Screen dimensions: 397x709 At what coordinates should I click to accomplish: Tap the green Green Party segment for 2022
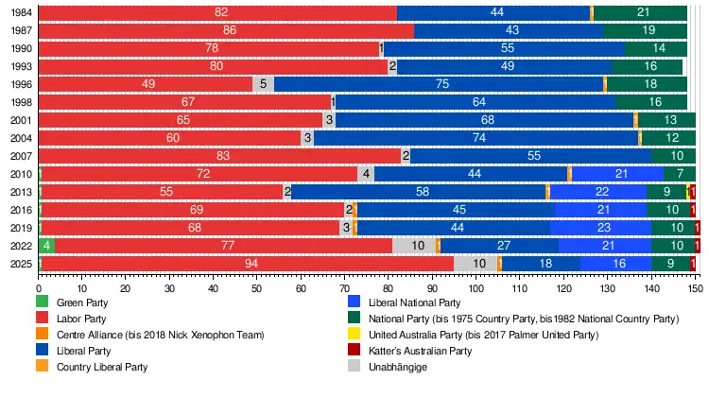pos(46,245)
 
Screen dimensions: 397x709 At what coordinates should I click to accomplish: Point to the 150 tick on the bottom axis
pos(695,288)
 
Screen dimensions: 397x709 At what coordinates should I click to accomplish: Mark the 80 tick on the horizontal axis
pos(389,288)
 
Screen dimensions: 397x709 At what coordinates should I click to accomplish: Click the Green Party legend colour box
pos(43,302)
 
